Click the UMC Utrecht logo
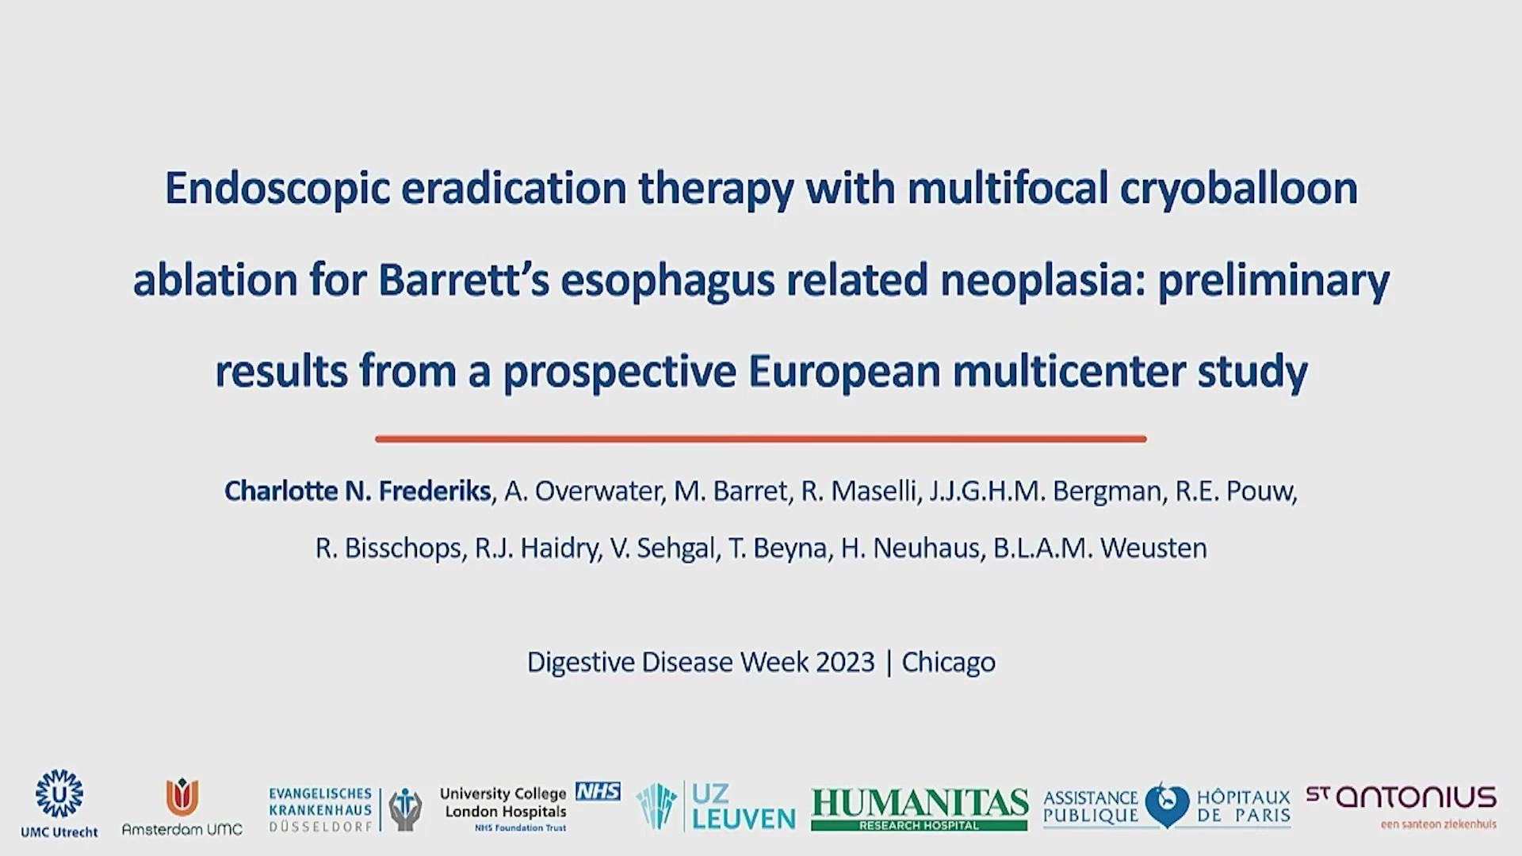pyautogui.click(x=59, y=803)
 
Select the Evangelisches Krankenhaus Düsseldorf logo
pyautogui.click(x=346, y=809)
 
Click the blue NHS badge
pyautogui.click(x=598, y=791)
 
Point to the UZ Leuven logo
pyautogui.click(x=716, y=806)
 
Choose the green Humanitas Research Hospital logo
pyautogui.click(x=920, y=809)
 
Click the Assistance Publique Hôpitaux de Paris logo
pyautogui.click(x=1167, y=806)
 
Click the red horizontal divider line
pyautogui.click(x=761, y=438)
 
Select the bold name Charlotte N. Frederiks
pyautogui.click(x=358, y=491)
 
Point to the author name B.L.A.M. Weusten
pyautogui.click(x=1100, y=548)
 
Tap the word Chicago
pyautogui.click(x=948, y=662)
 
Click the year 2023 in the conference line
pyautogui.click(x=845, y=662)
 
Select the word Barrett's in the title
pyautogui.click(x=464, y=281)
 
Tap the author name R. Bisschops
pyautogui.click(x=388, y=548)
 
